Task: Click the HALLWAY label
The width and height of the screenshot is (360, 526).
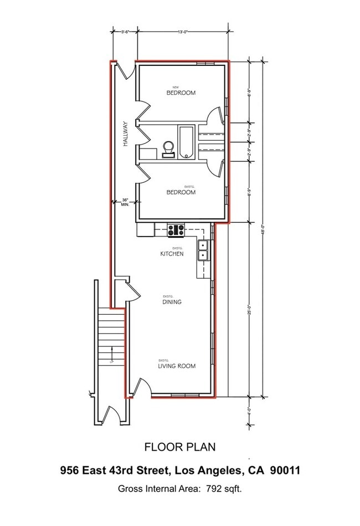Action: pyautogui.click(x=126, y=134)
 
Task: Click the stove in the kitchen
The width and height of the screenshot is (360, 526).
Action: pyautogui.click(x=177, y=229)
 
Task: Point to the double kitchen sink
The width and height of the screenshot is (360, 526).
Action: pyautogui.click(x=203, y=251)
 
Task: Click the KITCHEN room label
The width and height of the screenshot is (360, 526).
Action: pyautogui.click(x=172, y=254)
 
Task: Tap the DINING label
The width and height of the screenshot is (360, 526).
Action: pyautogui.click(x=172, y=302)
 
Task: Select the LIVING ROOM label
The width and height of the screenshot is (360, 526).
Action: pyautogui.click(x=177, y=366)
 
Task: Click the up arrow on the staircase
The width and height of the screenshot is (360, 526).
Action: pyautogui.click(x=112, y=353)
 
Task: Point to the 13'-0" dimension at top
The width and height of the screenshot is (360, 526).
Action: pyautogui.click(x=183, y=32)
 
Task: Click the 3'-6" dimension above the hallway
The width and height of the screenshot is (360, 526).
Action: pyautogui.click(x=125, y=32)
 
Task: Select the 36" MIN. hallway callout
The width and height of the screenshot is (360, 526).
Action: pyautogui.click(x=125, y=202)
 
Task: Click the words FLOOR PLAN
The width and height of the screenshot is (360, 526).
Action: pyautogui.click(x=180, y=447)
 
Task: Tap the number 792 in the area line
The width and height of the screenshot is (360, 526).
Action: pyautogui.click(x=213, y=489)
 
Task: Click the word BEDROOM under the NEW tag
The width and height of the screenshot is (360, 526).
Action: pyautogui.click(x=181, y=93)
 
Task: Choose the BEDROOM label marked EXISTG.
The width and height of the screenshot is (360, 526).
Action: pyautogui.click(x=181, y=192)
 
